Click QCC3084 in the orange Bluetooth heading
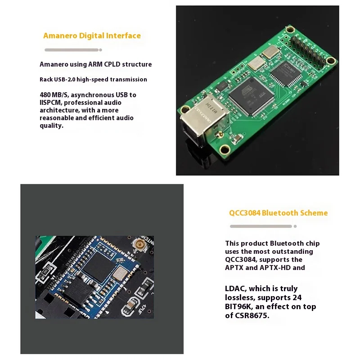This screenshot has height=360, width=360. click(244, 213)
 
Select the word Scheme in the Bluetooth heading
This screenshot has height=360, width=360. click(312, 213)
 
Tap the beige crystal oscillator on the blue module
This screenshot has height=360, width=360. click(120, 273)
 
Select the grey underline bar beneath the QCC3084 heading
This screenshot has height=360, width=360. click(261, 226)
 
